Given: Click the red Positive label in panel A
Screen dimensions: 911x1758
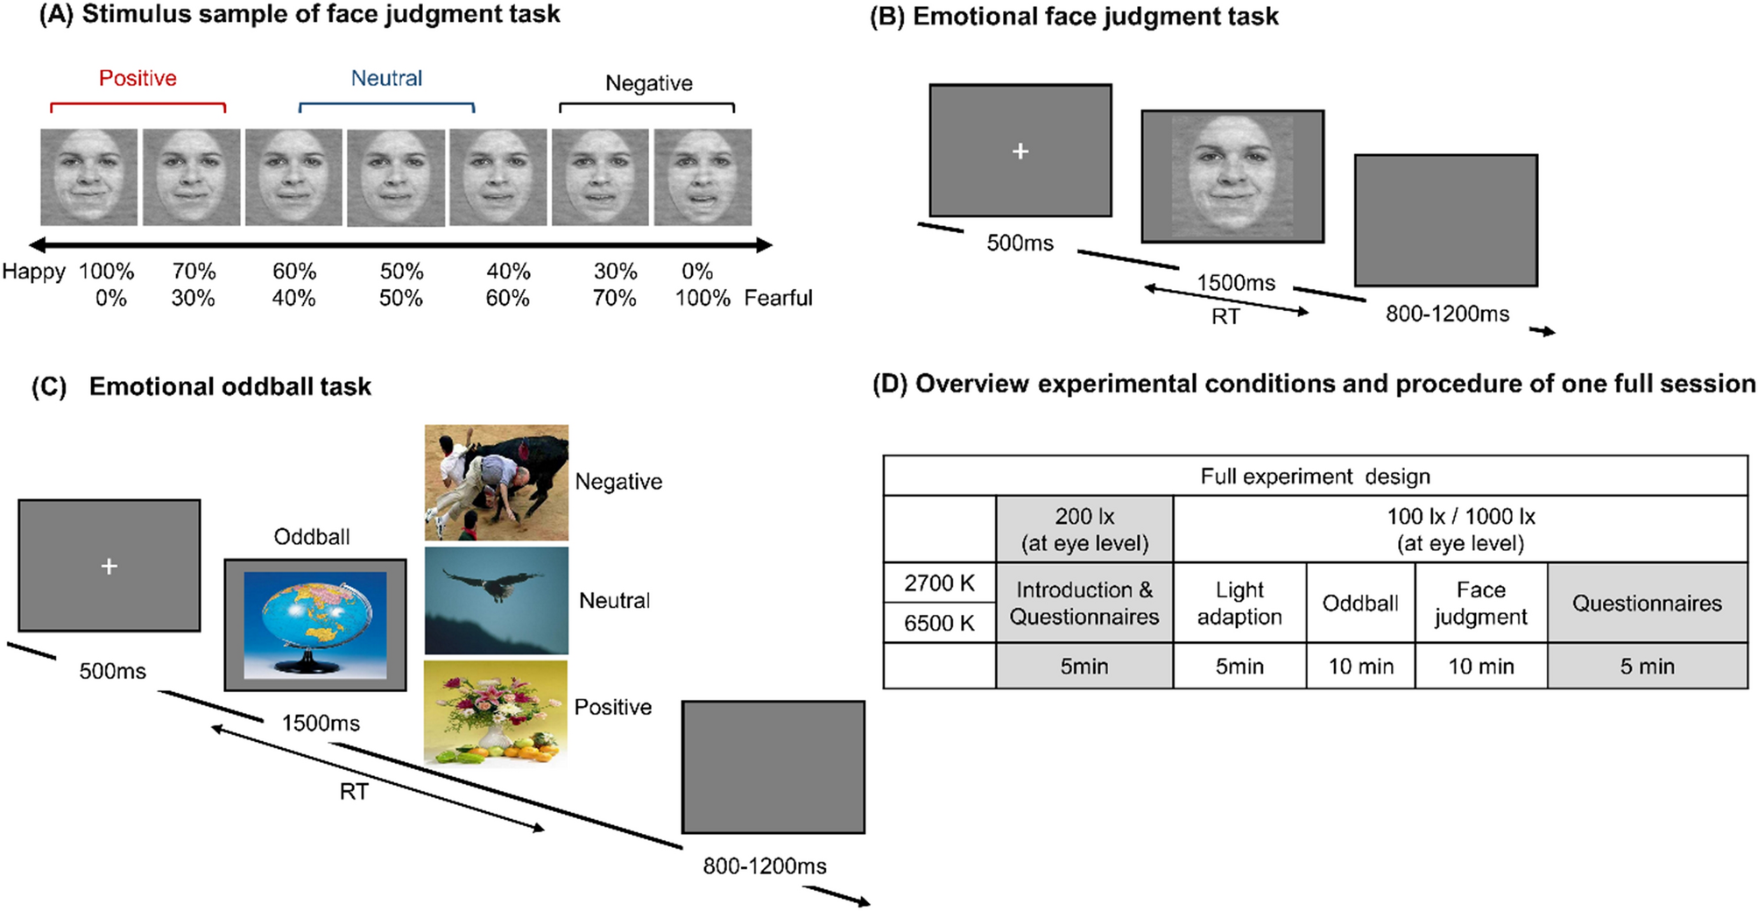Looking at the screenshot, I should click(x=138, y=79).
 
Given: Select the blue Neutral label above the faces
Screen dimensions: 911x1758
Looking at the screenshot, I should click(x=386, y=79).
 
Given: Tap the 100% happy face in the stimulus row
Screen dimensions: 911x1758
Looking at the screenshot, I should click(x=88, y=177).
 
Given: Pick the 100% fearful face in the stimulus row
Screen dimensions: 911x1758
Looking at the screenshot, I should click(x=702, y=177).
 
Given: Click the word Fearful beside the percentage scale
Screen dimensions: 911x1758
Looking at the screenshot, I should click(x=778, y=299).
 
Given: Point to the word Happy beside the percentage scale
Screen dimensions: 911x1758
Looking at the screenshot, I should click(x=33, y=272).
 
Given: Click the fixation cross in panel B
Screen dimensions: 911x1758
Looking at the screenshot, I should click(x=1020, y=152).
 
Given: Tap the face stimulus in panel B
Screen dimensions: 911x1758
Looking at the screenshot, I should click(x=1232, y=175).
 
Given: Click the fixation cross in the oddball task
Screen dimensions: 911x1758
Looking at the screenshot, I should click(x=109, y=567).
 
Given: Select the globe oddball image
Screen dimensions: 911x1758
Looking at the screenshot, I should click(x=315, y=624).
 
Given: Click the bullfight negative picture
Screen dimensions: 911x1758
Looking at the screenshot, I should click(x=496, y=482).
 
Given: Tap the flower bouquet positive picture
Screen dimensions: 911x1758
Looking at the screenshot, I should click(x=496, y=714).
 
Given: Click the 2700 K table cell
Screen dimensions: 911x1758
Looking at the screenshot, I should click(x=939, y=583).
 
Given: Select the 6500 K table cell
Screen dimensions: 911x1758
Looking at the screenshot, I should click(x=939, y=623).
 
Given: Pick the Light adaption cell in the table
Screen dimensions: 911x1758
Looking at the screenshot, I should click(x=1239, y=603).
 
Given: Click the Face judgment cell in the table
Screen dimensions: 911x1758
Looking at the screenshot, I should click(x=1480, y=603).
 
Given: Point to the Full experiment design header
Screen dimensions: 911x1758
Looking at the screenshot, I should click(x=1315, y=477).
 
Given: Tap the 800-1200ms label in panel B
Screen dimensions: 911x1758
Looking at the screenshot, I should click(x=1447, y=314).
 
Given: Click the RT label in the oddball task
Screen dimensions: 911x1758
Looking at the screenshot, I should click(x=354, y=792).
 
